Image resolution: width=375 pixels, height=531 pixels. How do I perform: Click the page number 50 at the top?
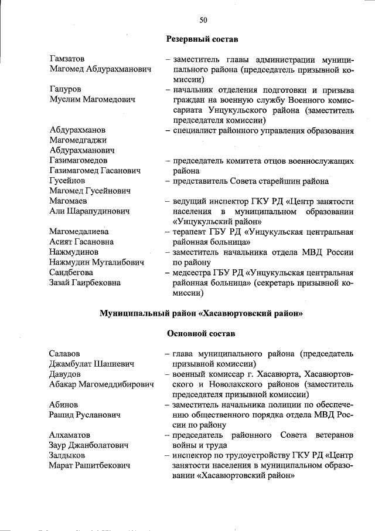[x=203, y=20]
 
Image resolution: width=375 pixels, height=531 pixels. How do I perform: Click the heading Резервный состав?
[x=202, y=39]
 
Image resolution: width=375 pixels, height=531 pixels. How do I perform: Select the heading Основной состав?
[x=201, y=333]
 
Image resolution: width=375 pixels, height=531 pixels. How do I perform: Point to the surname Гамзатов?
[x=67, y=59]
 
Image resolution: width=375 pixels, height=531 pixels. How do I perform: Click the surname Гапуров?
[x=65, y=89]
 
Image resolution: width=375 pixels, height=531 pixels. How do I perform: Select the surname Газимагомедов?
[x=79, y=160]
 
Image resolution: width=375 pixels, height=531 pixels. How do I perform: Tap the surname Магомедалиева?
[x=79, y=232]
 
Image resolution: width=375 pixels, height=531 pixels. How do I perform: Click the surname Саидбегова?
[x=73, y=272]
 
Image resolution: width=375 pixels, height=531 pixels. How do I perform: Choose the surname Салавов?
[x=64, y=354]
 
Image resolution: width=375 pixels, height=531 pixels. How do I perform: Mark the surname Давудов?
[x=65, y=374]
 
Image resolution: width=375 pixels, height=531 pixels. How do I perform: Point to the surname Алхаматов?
[x=70, y=435]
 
